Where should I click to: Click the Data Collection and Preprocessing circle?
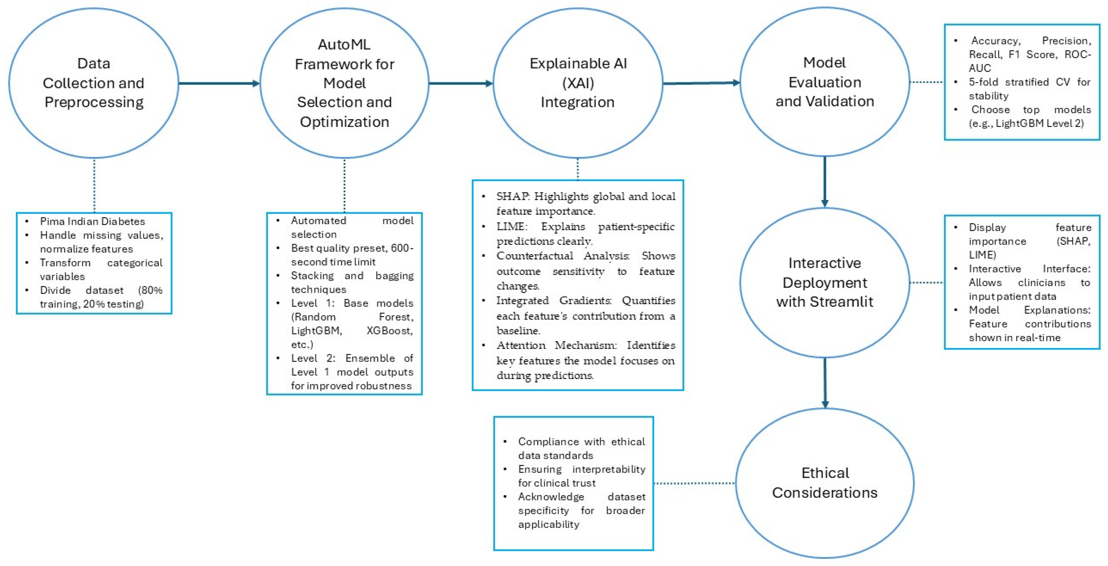(x=93, y=83)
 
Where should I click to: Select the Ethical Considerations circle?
(x=825, y=483)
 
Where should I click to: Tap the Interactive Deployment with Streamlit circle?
(x=825, y=283)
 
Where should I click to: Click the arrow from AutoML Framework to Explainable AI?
(x=460, y=83)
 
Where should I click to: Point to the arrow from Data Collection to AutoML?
(x=218, y=83)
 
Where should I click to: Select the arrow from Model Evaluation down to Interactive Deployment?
(x=825, y=180)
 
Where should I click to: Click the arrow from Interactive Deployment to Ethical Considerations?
(x=825, y=383)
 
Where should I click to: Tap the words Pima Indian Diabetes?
(x=92, y=221)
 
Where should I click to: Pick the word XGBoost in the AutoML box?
(x=389, y=330)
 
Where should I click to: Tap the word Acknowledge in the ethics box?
(x=551, y=497)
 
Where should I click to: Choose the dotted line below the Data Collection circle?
(x=94, y=185)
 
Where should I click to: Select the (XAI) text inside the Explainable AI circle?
(x=578, y=83)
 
